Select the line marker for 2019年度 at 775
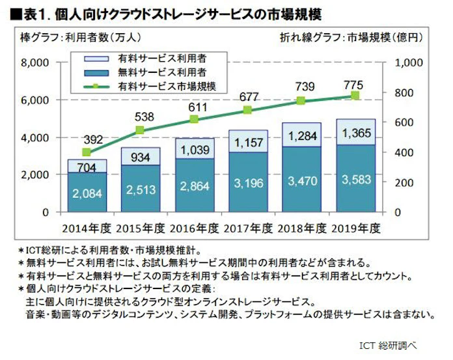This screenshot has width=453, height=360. pos(355,96)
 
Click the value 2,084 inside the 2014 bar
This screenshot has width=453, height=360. pos(87,193)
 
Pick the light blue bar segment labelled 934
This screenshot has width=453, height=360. pos(141,157)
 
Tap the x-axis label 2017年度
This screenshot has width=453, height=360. pos(247,229)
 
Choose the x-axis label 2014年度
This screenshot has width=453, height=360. pos(87,229)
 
